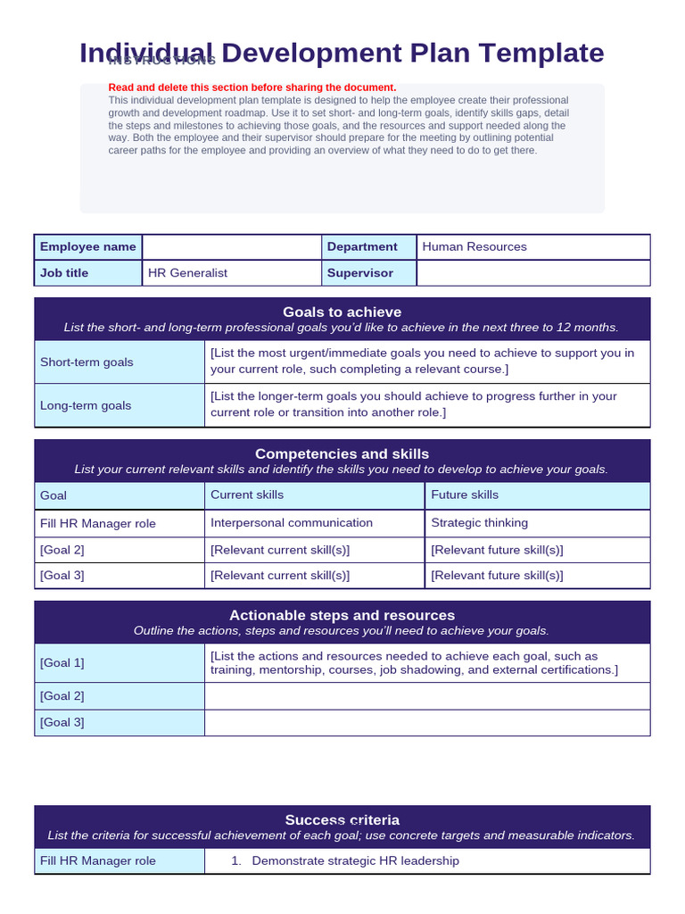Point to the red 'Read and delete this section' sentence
252,87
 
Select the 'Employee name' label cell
88,247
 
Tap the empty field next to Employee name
232,247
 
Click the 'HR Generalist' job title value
187,273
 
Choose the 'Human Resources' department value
475,247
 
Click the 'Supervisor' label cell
359,273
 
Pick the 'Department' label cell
362,247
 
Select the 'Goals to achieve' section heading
342,312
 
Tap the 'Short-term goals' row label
87,362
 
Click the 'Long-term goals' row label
86,405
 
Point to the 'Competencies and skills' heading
342,453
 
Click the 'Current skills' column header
247,495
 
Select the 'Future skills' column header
465,495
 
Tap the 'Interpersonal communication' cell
292,523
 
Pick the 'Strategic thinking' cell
479,523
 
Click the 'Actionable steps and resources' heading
342,615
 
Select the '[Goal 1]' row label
62,663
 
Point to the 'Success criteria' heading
342,819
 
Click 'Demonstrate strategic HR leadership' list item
355,861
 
